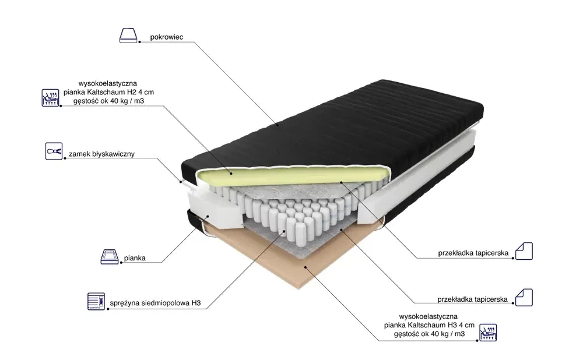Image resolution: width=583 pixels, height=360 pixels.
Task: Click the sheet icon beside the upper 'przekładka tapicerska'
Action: (524, 251)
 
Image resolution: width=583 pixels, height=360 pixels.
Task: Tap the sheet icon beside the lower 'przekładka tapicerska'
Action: (524, 297)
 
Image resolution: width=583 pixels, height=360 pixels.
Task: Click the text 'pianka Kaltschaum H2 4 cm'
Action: (109, 92)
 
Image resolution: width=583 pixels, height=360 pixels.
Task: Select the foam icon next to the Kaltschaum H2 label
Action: (52, 97)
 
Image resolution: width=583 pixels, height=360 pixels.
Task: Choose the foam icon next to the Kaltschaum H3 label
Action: (488, 330)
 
